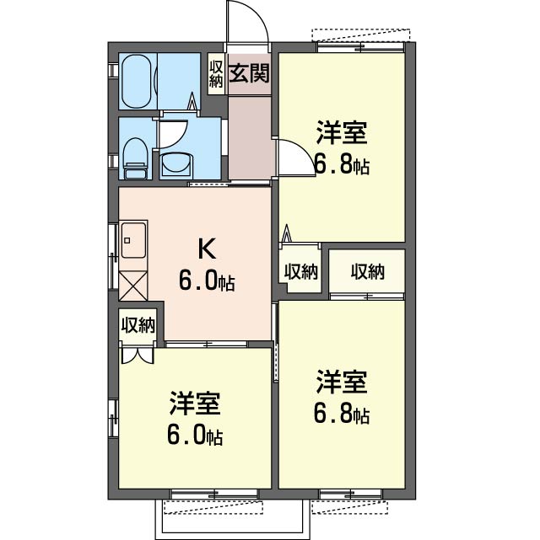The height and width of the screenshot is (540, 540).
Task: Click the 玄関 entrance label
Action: pos(249,73)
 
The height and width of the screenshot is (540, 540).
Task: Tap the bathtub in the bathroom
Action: pos(137,81)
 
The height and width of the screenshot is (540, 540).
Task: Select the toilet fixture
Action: pos(136,158)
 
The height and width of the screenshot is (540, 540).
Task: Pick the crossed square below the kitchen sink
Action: pos(133,286)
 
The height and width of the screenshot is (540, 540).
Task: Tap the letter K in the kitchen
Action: pos(207,249)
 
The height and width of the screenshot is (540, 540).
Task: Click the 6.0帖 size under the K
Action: pos(207,280)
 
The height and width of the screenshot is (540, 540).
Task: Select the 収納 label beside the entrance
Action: pos(216,73)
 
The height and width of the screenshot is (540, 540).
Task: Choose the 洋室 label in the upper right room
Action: pos(342,132)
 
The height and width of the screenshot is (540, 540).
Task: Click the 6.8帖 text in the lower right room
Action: pos(342,414)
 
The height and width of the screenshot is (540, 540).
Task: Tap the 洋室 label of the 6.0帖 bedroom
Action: pos(195,403)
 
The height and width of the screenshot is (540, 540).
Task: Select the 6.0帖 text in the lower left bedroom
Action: pos(195,435)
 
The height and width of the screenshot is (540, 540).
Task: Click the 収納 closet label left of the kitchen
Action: pos(138,324)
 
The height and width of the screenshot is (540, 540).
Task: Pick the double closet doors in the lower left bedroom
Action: pos(138,356)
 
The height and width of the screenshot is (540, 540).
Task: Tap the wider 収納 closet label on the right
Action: pos(368,272)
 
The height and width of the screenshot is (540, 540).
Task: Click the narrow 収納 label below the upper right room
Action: pos(300,272)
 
